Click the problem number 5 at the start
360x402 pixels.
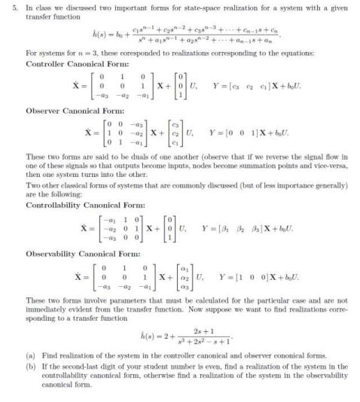click(6, 7)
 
